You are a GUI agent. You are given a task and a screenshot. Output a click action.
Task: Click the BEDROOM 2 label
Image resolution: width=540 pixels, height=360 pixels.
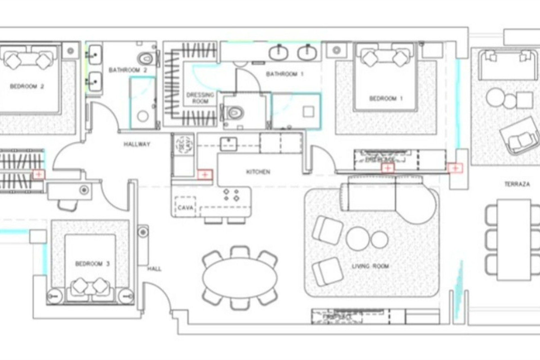27,87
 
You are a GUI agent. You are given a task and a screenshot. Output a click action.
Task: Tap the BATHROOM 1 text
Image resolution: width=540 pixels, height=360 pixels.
285,74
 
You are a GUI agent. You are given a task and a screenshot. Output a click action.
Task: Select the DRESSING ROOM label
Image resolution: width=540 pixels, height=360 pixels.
200,98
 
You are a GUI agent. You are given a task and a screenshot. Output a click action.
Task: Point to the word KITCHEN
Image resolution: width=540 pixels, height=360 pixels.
258,172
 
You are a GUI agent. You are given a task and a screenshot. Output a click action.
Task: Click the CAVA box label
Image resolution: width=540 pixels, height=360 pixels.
186,208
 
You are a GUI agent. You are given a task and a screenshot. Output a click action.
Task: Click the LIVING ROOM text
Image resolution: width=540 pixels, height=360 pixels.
370,266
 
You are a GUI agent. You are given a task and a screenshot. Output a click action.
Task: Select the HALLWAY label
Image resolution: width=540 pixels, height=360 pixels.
137,144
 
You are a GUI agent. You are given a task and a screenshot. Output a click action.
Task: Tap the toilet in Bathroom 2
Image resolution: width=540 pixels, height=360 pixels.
146,58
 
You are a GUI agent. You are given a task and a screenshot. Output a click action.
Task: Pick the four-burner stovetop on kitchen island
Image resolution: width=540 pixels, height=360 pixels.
231,195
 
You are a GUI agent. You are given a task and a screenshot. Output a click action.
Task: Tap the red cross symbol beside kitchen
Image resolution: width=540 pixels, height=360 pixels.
205,175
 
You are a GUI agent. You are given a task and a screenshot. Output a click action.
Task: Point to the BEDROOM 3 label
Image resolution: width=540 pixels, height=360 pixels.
93,264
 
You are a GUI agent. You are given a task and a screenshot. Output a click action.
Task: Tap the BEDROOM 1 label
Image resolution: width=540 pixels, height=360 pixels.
386,99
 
